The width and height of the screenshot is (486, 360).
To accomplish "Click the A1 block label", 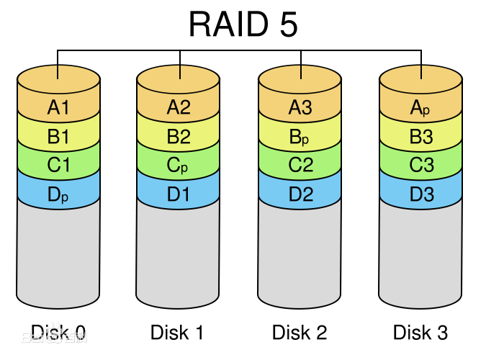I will [x=58, y=108].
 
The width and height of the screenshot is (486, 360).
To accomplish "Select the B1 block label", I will [x=58, y=137].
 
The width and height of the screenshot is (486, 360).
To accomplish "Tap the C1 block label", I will [x=58, y=166].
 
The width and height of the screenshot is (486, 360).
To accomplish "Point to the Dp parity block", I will [x=58, y=194].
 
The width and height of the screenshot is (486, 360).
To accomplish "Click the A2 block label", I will [x=178, y=108].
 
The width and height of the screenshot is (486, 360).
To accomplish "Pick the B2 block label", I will [x=178, y=137].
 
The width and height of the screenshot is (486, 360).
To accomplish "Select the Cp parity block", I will [x=178, y=166].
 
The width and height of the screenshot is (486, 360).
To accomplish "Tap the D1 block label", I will [x=178, y=194].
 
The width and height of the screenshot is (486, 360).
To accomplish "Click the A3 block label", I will [x=300, y=108].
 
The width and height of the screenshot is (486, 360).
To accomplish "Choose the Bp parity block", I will [x=300, y=137].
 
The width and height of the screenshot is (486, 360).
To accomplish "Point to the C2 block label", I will [x=300, y=166].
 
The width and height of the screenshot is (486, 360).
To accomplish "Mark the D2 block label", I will [x=300, y=194].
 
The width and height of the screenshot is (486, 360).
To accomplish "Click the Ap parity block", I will [x=420, y=108].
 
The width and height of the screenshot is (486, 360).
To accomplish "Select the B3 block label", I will [x=420, y=137].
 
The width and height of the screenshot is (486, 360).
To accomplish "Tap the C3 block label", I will [x=420, y=166].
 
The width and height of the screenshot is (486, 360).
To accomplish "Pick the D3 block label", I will [x=420, y=194].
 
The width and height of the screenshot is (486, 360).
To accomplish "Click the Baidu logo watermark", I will [x=53, y=336].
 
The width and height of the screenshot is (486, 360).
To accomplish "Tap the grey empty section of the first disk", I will [x=58, y=252].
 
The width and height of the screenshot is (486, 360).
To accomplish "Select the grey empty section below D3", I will [x=420, y=252].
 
